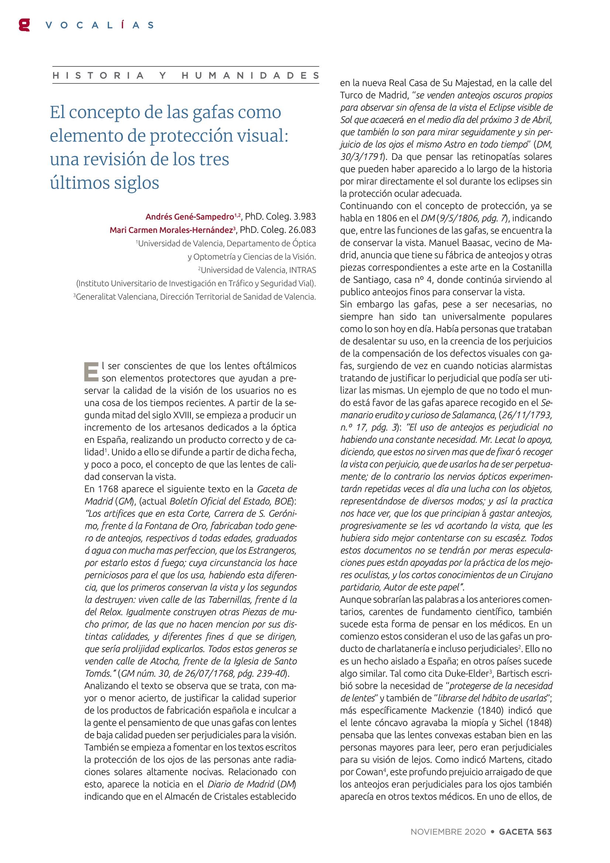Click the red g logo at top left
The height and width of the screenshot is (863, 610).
pyautogui.click(x=24, y=25)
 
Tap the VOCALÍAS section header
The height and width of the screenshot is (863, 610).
pyautogui.click(x=100, y=25)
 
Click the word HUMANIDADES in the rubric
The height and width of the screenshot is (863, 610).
pyautogui.click(x=251, y=76)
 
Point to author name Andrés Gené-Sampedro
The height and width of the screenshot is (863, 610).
pyautogui.click(x=190, y=217)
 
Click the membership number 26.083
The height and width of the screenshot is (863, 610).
pyautogui.click(x=301, y=230)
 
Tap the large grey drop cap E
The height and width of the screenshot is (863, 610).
pyautogui.click(x=91, y=371)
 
